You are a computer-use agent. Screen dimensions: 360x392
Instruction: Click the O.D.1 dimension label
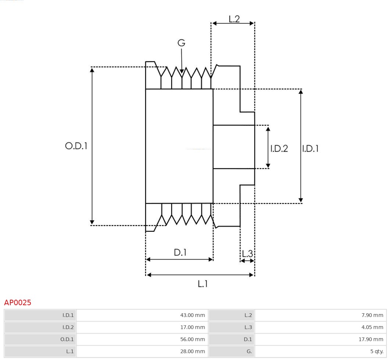point(76,146)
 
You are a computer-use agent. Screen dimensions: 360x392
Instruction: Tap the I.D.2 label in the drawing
point(279,149)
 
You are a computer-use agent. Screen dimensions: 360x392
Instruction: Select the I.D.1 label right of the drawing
point(310,149)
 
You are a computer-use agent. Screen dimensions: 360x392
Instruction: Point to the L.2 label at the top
point(234,19)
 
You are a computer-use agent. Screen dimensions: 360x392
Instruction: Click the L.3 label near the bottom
point(247,254)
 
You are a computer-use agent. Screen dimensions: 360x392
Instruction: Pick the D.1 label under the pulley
point(180,253)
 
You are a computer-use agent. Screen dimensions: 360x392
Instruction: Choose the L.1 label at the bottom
point(203,284)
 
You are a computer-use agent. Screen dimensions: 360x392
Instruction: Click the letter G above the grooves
point(181,43)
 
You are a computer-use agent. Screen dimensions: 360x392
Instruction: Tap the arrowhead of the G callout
point(182,71)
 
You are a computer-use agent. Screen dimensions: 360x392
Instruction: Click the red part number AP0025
point(18,303)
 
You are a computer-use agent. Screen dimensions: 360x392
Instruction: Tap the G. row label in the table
point(249,352)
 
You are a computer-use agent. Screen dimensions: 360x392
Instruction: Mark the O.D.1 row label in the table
point(67,339)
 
